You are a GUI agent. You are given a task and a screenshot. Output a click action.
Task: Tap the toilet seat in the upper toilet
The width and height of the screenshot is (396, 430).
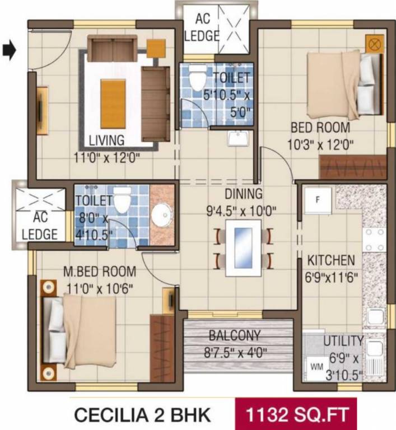tap(197, 80)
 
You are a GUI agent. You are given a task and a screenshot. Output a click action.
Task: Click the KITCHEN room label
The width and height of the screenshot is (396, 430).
tap(330, 260)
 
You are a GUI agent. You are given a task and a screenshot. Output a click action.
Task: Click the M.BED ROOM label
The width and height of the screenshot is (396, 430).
tap(99, 272)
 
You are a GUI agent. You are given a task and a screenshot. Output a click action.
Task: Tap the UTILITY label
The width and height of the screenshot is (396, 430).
tap(343, 341)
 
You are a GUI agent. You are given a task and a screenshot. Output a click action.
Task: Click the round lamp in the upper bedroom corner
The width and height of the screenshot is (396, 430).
tap(374, 43)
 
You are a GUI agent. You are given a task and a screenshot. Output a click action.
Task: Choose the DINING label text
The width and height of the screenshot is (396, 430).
tap(244, 194)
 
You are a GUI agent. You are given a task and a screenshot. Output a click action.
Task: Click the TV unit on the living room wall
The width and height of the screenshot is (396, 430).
tap(41, 110)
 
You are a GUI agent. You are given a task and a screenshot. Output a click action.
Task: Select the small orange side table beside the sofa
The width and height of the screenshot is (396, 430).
tap(155, 48)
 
